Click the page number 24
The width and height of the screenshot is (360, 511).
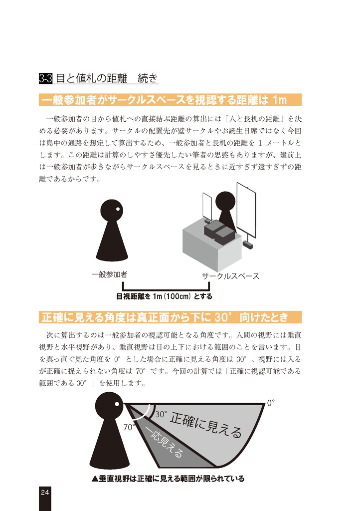coord(45,492)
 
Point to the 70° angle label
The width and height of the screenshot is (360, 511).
coord(130,427)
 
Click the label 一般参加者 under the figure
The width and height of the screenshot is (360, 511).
coord(109,275)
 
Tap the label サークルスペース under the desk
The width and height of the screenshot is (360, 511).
coord(230,276)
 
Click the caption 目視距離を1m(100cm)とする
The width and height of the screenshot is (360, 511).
coord(164,296)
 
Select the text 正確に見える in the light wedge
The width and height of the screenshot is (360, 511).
coord(206,424)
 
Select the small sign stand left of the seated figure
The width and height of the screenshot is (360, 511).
coord(207,207)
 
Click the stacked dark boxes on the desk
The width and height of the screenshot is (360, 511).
coord(219,233)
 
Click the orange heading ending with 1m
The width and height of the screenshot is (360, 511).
coord(170,100)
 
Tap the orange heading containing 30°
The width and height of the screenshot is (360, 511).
coord(170,317)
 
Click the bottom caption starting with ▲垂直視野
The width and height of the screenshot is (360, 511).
coord(168,479)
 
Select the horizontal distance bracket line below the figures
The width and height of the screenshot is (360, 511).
coord(166,289)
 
